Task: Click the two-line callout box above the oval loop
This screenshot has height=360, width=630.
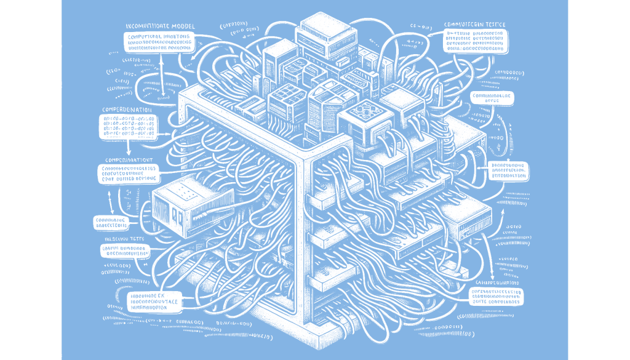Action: point(159,42)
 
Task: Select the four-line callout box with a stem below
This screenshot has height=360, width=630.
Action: point(128,127)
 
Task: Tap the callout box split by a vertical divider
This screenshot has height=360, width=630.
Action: point(476,41)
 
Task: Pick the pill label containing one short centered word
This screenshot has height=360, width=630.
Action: point(492,98)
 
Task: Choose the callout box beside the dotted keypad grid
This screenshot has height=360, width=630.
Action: point(127,174)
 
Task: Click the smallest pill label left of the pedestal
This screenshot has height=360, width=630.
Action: point(111,222)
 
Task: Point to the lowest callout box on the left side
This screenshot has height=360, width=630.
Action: point(153,302)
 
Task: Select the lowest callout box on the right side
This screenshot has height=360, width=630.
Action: point(496,297)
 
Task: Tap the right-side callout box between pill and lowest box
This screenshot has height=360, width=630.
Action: point(508,171)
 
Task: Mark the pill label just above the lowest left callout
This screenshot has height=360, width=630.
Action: point(125,250)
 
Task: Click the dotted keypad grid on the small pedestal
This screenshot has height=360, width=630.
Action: point(185,191)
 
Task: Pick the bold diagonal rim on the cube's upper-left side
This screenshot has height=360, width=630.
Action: point(246,123)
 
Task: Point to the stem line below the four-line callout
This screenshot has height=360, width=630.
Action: point(128,146)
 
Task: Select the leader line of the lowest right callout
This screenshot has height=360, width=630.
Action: point(462,300)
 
